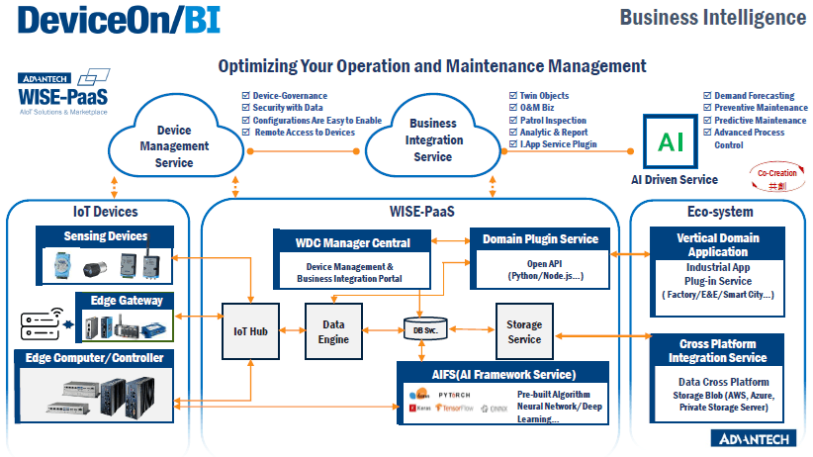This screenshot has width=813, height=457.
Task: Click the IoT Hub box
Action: pos(251,331)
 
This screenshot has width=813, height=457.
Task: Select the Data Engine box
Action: pos(333,331)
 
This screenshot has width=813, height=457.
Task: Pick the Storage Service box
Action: pos(523,331)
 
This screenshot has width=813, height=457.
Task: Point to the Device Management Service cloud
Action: pos(175,146)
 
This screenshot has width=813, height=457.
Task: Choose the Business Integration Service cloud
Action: pos(432,139)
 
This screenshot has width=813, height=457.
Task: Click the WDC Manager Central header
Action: pos(353,241)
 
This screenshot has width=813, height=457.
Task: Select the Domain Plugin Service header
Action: pos(540,238)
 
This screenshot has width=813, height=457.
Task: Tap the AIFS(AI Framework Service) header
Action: pos(504,374)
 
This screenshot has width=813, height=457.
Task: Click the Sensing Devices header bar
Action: pos(105,236)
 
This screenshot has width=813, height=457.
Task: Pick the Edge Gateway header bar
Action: pos(126,301)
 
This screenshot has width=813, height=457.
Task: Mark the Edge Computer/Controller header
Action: pos(95,357)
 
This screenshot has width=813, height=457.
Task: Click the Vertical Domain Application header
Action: pos(717,245)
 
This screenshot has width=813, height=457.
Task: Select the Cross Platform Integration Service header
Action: pos(717,350)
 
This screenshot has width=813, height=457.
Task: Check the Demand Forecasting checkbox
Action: pos(707,95)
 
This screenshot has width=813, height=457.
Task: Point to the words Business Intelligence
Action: pos(712,17)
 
